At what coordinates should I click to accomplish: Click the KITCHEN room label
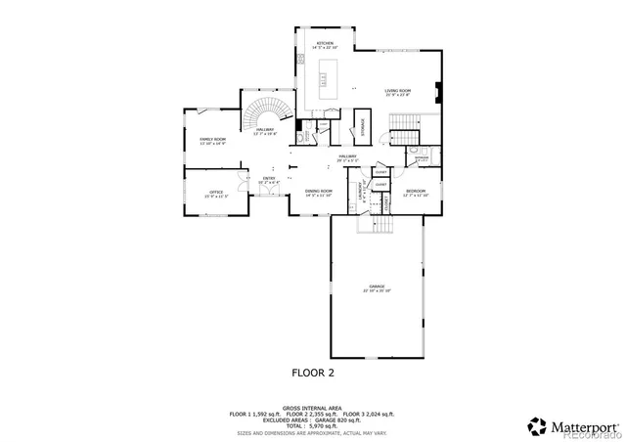coord(324,44)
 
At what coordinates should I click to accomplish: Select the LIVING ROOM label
coord(396,90)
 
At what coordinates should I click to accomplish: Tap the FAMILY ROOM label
coord(212,140)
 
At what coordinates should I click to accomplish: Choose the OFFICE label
coord(215,193)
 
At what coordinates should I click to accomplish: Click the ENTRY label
coord(268,179)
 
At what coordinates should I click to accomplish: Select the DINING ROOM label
coord(318,192)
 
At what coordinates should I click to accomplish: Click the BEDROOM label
coord(416,191)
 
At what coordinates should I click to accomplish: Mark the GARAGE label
coord(377,287)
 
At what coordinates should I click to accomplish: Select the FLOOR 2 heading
coord(314,373)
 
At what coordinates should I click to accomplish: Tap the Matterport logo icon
coord(538,426)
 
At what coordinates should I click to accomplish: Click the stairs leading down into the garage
coord(376,225)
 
